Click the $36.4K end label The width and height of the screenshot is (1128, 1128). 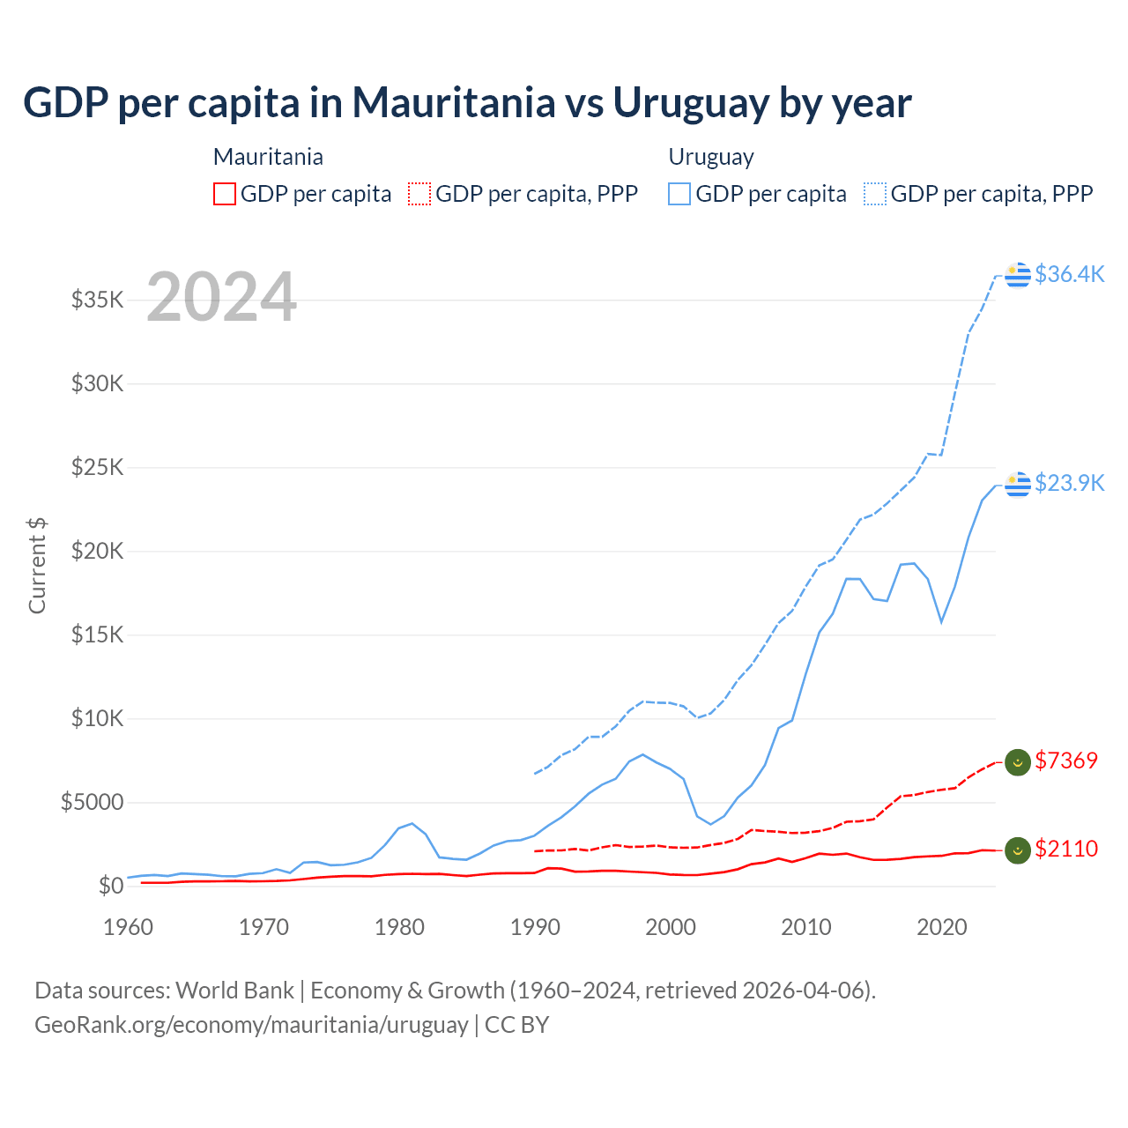click(x=1069, y=274)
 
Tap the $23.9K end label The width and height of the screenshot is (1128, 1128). click(x=1069, y=483)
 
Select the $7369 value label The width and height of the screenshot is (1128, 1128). click(x=1066, y=761)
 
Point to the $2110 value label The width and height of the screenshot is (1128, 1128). click(x=1066, y=849)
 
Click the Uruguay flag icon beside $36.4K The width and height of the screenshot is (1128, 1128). click(x=1018, y=275)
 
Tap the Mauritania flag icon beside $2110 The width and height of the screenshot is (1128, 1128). click(x=1018, y=850)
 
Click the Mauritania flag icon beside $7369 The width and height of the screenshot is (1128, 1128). click(x=1018, y=761)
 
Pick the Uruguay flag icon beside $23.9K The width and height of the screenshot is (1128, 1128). click(x=1018, y=484)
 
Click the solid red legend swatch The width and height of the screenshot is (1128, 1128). click(x=225, y=194)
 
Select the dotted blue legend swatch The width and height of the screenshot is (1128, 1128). click(x=875, y=194)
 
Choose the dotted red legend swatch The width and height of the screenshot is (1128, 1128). click(x=420, y=194)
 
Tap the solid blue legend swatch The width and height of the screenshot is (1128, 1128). click(x=679, y=194)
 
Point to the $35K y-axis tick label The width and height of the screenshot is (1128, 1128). click(x=98, y=300)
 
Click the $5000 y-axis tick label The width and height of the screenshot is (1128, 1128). click(x=93, y=802)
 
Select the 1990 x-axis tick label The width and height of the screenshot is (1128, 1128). click(x=535, y=927)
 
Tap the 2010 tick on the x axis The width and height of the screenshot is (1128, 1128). click(x=806, y=927)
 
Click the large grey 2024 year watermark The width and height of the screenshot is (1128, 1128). click(x=221, y=297)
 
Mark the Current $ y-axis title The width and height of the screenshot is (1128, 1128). click(x=37, y=566)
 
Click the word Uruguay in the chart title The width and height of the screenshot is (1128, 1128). click(x=691, y=102)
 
